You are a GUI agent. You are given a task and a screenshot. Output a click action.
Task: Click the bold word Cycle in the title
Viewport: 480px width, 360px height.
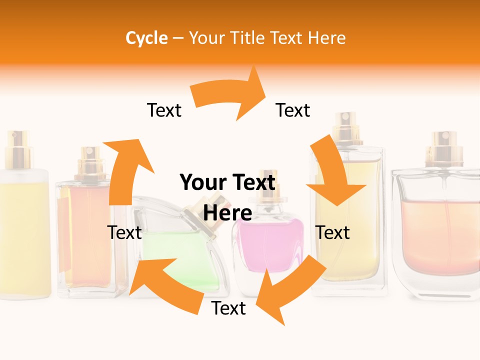click(146, 38)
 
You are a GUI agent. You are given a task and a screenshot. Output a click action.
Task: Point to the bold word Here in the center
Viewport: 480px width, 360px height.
click(227, 213)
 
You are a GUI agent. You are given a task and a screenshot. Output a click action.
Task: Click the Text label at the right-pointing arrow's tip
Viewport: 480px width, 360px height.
click(293, 110)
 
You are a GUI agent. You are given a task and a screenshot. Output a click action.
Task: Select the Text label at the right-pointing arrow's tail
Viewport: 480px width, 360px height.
click(164, 110)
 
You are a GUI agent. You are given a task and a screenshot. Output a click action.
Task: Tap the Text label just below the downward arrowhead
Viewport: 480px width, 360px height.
click(333, 232)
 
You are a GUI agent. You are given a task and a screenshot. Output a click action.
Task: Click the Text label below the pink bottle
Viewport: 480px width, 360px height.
click(228, 308)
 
